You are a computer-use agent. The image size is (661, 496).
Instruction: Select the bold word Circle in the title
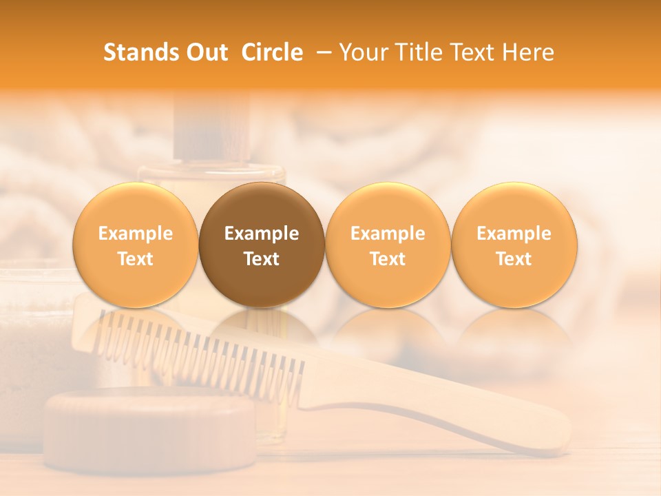click(272, 52)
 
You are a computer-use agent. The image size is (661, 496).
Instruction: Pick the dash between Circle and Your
click(321, 52)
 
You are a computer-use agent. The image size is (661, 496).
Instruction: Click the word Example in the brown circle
click(262, 234)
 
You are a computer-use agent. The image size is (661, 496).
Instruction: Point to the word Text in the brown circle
click(262, 259)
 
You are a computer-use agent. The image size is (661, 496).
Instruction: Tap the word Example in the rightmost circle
click(514, 234)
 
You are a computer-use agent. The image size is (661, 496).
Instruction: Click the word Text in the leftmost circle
click(136, 259)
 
